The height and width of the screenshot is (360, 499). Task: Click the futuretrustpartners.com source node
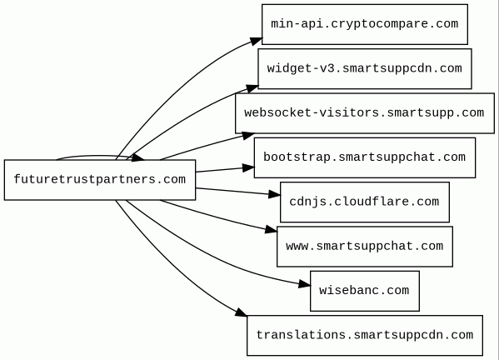click(x=100, y=180)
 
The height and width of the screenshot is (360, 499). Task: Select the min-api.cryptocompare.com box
click(x=365, y=24)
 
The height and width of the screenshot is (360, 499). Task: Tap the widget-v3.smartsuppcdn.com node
click(x=365, y=69)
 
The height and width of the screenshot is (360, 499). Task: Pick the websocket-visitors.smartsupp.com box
click(x=365, y=113)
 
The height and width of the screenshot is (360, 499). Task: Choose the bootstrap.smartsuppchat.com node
click(x=365, y=157)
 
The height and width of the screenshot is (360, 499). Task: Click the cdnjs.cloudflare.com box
click(x=365, y=202)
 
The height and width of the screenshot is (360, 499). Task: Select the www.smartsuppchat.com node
click(x=365, y=247)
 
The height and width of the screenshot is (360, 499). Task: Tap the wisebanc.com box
click(x=365, y=291)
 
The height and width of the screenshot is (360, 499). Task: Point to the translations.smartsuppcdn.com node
click(x=365, y=336)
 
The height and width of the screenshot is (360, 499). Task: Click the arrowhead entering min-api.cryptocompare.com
click(x=257, y=41)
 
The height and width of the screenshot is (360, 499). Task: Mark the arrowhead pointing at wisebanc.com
click(x=305, y=284)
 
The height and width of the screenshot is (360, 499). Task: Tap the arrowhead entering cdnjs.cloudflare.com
click(x=274, y=194)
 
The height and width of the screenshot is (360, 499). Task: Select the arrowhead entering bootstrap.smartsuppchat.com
click(x=248, y=167)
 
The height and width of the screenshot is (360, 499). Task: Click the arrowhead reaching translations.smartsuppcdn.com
click(x=242, y=312)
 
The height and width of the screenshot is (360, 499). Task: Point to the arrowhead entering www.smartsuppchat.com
click(x=271, y=229)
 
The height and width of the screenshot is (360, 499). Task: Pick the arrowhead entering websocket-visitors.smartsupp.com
click(x=248, y=135)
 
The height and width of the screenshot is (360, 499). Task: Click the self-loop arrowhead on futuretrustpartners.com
click(x=137, y=157)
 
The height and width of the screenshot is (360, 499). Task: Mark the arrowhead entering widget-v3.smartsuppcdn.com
click(x=252, y=88)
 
